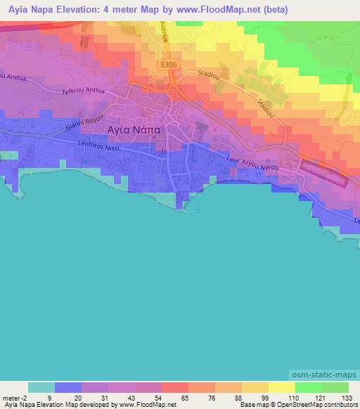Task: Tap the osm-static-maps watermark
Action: [x=329, y=377]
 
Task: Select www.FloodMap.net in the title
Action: [x=210, y=11]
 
